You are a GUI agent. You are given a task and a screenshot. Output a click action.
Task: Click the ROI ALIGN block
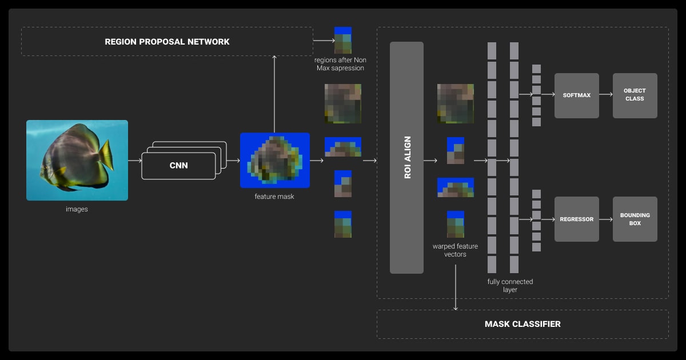pos(406,157)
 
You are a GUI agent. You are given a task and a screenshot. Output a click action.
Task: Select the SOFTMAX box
pos(576,95)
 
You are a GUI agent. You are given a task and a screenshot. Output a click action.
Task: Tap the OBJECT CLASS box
pos(635,95)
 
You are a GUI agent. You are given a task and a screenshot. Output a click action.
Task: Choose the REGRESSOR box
pos(576,219)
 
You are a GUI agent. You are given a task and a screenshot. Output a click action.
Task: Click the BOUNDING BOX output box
pos(635,219)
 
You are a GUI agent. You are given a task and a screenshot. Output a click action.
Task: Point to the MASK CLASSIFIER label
pos(523,324)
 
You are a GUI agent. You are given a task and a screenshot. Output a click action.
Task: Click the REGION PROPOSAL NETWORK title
pos(167,42)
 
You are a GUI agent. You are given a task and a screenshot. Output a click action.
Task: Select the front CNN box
pos(178,166)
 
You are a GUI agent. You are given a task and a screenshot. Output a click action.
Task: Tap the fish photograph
pos(77,160)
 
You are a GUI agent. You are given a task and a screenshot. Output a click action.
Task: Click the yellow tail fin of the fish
pos(106,155)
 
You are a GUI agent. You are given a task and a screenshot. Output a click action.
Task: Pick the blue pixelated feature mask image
pos(274,160)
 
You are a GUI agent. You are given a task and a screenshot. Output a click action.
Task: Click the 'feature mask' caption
pos(274,197)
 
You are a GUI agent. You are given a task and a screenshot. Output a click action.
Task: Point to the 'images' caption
pos(77,209)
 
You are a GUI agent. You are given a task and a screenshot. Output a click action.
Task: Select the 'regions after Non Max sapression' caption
pos(340,64)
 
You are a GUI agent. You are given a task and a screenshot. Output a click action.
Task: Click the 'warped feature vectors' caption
pos(455,250)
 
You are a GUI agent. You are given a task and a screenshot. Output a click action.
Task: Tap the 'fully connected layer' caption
pos(510,286)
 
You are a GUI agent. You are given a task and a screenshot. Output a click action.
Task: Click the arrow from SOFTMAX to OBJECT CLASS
pos(605,95)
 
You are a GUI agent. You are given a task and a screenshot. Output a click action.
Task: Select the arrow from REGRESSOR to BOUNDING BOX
pos(605,219)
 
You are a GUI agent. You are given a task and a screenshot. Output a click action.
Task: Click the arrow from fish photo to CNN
pos(134,161)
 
